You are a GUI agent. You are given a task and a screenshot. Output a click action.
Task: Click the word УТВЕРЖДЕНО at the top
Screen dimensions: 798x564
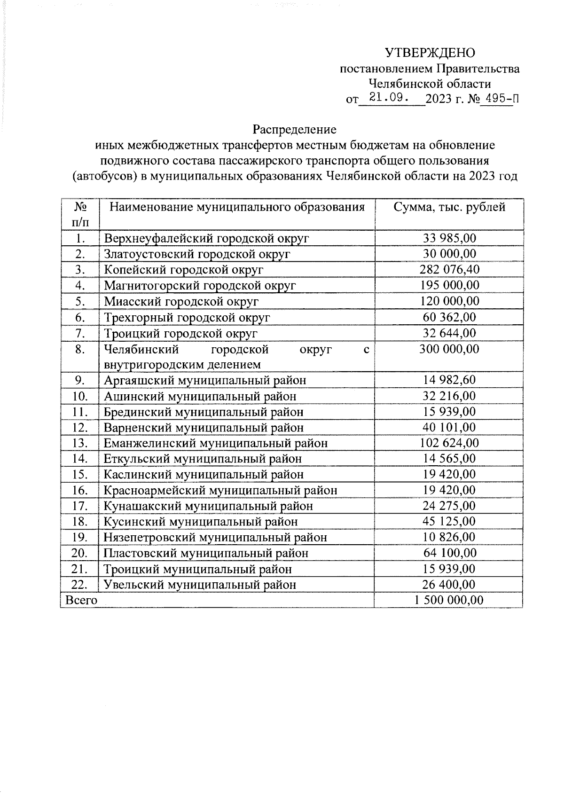(x=430, y=53)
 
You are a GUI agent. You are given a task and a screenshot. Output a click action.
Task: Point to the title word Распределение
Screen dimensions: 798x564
(x=295, y=129)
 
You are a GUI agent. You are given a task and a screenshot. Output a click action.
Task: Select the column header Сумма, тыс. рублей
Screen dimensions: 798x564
(x=449, y=207)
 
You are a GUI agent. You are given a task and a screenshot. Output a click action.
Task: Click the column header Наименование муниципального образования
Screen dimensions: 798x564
(x=237, y=207)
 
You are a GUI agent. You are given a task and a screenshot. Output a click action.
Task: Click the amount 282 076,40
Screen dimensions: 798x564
(x=449, y=269)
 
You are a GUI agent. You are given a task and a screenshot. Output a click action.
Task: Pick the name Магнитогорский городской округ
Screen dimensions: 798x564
(x=200, y=285)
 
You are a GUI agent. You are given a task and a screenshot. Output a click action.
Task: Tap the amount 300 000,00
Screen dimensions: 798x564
(x=449, y=349)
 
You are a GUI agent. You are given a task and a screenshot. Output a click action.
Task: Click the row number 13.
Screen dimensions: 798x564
(x=81, y=443)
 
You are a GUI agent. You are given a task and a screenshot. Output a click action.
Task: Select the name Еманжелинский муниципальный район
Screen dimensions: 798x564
(x=215, y=443)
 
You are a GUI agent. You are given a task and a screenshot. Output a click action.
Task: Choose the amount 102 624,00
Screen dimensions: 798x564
(x=449, y=443)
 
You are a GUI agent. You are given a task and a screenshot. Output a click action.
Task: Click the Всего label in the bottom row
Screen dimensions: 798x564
(x=82, y=600)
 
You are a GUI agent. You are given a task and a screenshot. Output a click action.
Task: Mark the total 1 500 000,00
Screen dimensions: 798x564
(x=449, y=600)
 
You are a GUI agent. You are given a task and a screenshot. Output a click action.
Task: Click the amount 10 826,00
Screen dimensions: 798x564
(x=449, y=537)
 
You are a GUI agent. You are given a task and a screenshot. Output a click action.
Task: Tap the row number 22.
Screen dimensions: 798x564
(x=81, y=585)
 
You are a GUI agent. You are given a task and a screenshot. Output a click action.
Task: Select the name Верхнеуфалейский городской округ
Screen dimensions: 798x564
(x=206, y=238)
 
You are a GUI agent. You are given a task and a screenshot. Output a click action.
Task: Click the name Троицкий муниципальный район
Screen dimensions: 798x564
(x=197, y=569)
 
